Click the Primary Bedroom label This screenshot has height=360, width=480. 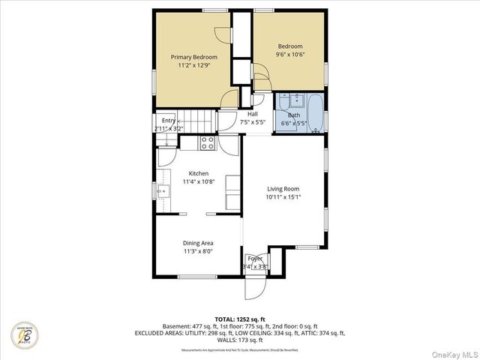193,57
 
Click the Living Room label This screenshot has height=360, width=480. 283,189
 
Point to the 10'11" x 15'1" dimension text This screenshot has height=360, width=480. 283,198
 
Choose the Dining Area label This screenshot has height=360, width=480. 198,243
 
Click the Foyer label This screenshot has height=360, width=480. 255,259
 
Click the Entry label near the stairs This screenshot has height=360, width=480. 168,121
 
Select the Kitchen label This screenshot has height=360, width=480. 198,173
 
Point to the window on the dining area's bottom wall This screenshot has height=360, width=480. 198,277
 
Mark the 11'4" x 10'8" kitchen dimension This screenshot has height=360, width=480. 198,181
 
